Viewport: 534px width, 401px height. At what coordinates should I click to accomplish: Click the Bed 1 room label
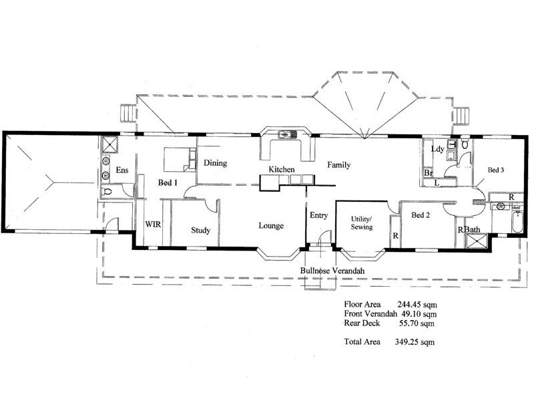[168, 182]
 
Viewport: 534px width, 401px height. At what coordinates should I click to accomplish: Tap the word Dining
[216, 162]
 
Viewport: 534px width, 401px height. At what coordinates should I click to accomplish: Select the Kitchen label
[282, 170]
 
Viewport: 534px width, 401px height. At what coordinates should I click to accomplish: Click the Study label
[201, 231]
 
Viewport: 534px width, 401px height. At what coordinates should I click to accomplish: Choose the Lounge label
[271, 226]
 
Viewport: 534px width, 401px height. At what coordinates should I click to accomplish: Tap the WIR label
[154, 225]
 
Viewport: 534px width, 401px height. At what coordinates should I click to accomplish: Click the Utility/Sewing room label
[362, 223]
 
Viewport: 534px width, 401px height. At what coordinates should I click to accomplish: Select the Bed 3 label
[495, 170]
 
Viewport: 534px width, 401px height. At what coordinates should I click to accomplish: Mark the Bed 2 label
[419, 215]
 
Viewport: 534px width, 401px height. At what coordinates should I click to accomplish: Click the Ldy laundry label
[438, 149]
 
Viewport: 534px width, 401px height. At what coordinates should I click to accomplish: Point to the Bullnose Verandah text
[332, 270]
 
